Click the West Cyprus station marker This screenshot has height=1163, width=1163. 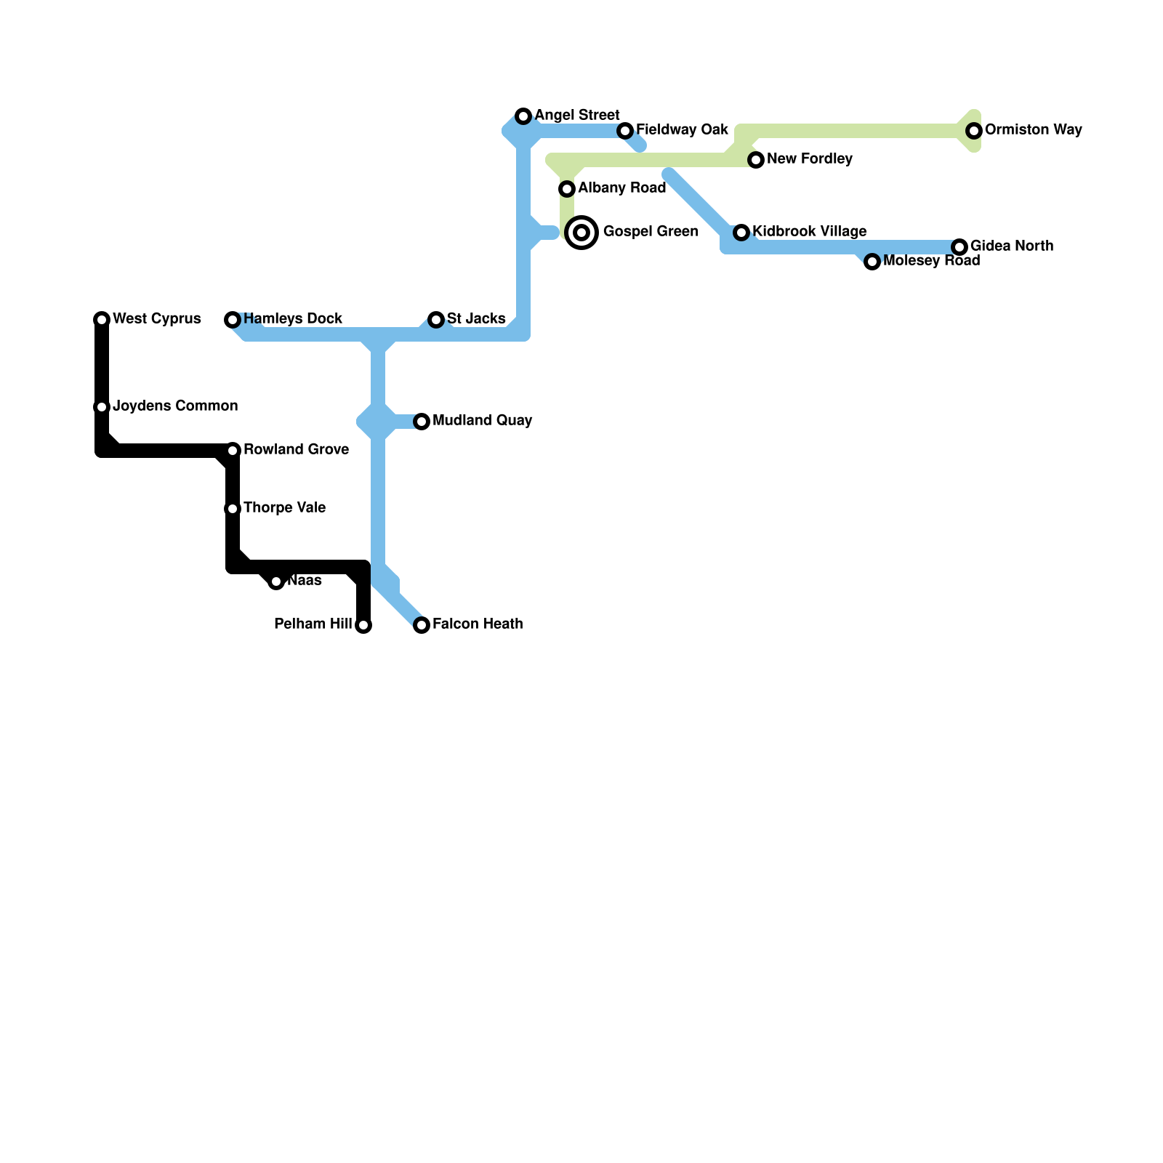[102, 320]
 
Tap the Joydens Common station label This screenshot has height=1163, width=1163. [175, 406]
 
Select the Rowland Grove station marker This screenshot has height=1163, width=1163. [233, 451]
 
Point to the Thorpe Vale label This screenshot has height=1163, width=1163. [284, 508]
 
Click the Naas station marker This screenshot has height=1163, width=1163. [276, 581]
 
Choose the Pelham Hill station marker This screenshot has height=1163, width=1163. [363, 625]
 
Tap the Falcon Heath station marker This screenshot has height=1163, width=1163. [422, 625]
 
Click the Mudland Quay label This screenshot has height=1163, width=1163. [482, 421]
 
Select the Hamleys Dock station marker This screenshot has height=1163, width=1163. [233, 320]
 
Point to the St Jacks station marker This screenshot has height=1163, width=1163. [436, 320]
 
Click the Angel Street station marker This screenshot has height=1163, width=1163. [523, 116]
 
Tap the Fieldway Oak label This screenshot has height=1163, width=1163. [682, 130]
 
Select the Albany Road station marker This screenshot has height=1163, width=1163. [567, 189]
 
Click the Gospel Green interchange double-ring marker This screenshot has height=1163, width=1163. [581, 233]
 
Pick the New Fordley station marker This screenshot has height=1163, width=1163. [756, 160]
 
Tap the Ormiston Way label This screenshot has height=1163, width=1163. [1033, 130]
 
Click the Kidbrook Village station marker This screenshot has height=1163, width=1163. [741, 233]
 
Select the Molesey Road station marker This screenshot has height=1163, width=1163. [872, 262]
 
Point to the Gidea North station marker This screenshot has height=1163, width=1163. [959, 247]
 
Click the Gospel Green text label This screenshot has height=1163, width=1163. [651, 232]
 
